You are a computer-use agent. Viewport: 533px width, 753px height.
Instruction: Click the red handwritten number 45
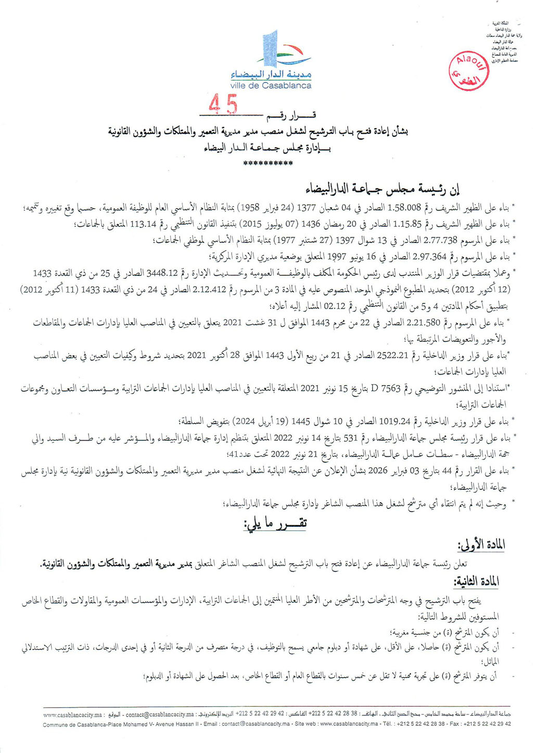click(223, 105)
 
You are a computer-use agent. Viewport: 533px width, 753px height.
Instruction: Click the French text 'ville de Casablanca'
click(271, 85)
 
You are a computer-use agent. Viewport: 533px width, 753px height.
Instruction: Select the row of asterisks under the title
click(268, 163)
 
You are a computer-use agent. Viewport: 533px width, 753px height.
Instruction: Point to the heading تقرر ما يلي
click(275, 524)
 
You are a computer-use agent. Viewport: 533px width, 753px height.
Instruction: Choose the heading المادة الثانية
click(477, 582)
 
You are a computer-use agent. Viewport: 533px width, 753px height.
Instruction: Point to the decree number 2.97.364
click(429, 256)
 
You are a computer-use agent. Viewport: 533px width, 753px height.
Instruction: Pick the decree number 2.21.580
click(422, 323)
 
